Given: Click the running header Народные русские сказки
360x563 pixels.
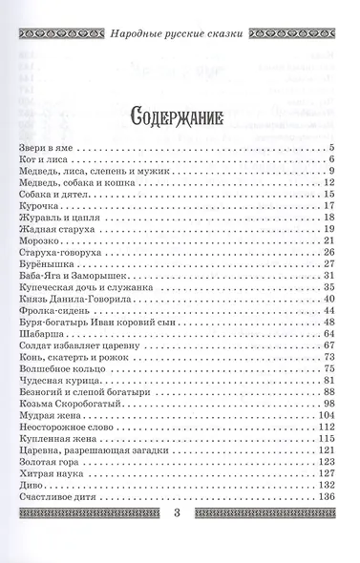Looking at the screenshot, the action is coord(180,16).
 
